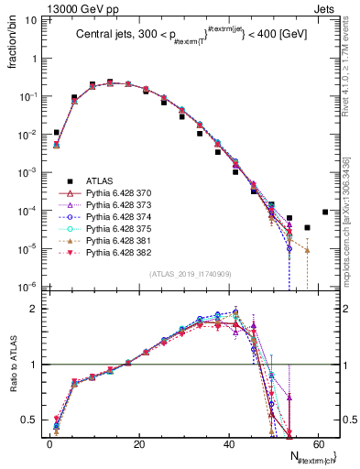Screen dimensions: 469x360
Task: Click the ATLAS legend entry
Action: click(98, 180)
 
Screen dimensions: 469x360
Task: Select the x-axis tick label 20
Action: click(138, 445)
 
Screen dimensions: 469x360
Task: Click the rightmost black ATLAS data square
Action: click(325, 213)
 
